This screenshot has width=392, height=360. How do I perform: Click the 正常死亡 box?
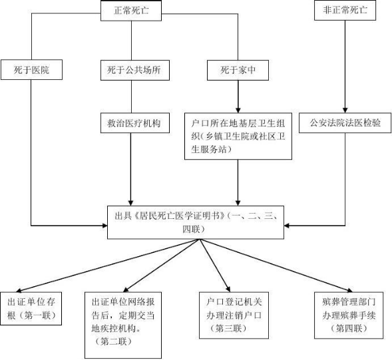click(x=131, y=11)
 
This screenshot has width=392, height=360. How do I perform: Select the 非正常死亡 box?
click(x=345, y=10)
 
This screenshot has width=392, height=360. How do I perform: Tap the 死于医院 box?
click(x=31, y=70)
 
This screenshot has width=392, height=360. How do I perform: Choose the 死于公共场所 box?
click(x=135, y=71)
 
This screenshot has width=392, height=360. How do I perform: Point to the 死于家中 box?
click(x=238, y=71)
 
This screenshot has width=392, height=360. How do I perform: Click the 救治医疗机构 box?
click(x=135, y=123)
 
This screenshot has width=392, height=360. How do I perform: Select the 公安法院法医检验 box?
click(x=345, y=122)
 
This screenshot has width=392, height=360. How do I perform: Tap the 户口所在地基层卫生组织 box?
click(x=238, y=136)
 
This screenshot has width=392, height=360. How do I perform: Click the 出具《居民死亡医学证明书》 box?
click(x=196, y=222)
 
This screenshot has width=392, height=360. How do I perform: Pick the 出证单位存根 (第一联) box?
click(x=31, y=309)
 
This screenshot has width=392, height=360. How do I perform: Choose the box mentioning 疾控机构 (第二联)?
click(x=123, y=325)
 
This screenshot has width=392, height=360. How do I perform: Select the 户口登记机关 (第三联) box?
click(x=234, y=315)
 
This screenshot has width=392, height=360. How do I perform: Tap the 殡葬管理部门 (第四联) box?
click(x=349, y=315)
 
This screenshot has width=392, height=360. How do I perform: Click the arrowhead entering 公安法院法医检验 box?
click(x=345, y=110)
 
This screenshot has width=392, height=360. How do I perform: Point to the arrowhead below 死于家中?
click(x=238, y=110)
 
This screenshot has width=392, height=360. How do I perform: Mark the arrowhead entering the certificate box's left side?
click(x=104, y=226)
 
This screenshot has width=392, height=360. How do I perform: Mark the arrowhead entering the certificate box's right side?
click(x=287, y=226)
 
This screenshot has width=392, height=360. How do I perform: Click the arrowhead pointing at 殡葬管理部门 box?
click(x=349, y=290)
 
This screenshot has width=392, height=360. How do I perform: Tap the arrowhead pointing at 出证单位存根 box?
click(x=19, y=290)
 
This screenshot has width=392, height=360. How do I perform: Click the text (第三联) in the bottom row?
click(x=228, y=328)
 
